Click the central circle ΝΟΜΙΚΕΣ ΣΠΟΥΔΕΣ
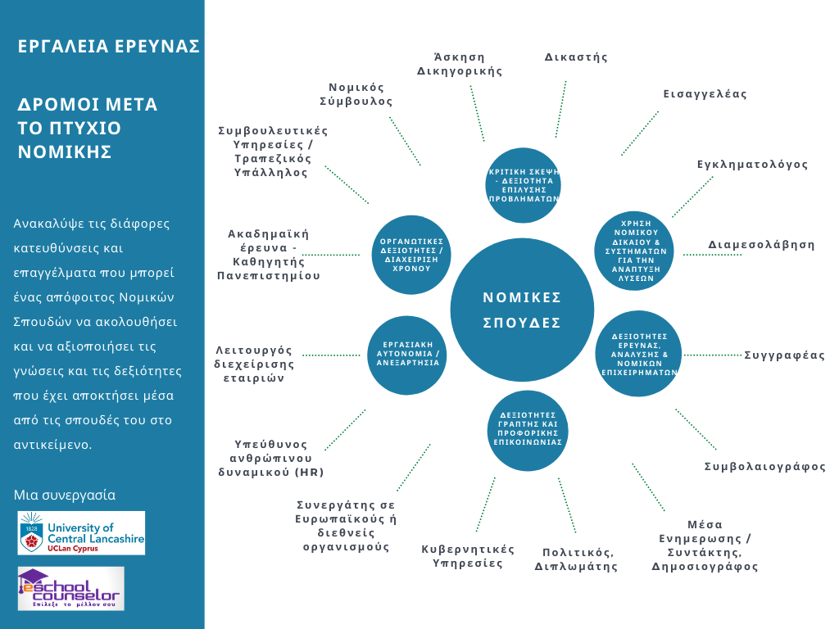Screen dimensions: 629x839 click(522, 309)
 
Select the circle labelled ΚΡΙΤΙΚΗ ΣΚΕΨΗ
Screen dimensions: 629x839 click(523, 185)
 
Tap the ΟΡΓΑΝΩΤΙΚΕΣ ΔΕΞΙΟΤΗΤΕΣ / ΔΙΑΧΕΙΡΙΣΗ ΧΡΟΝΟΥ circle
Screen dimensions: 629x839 click(411, 254)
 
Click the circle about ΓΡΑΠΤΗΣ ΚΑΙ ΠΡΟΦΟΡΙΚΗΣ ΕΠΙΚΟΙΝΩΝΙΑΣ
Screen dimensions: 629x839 click(528, 428)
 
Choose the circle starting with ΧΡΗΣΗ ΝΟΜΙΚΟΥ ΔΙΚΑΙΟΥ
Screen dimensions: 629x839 click(637, 250)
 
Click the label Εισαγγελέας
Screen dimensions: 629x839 click(705, 94)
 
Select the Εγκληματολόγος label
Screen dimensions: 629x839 click(752, 165)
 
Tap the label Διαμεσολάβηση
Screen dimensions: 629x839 click(761, 244)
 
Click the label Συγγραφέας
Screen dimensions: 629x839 click(784, 355)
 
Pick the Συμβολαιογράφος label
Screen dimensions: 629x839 click(764, 467)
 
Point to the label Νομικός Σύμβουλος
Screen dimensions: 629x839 click(356, 94)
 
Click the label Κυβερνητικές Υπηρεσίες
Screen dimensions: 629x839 click(468, 556)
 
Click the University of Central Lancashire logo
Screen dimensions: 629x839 click(82, 533)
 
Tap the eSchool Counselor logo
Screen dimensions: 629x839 click(71, 588)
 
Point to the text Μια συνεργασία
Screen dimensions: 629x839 click(65, 496)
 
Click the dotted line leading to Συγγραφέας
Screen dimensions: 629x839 click(712, 355)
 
